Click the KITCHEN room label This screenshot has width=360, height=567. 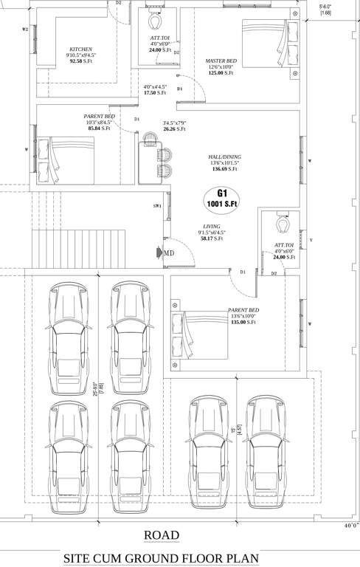(x=80, y=48)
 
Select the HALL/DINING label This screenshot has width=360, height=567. (x=224, y=157)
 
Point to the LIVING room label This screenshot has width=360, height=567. (x=212, y=227)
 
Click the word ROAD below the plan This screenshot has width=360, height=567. (x=161, y=535)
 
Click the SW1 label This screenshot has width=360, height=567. (x=156, y=206)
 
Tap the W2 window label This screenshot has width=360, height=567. (x=25, y=30)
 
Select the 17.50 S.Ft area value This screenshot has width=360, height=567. (x=154, y=93)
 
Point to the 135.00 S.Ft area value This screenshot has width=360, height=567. (x=243, y=322)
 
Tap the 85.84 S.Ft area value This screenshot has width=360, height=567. (x=99, y=128)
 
